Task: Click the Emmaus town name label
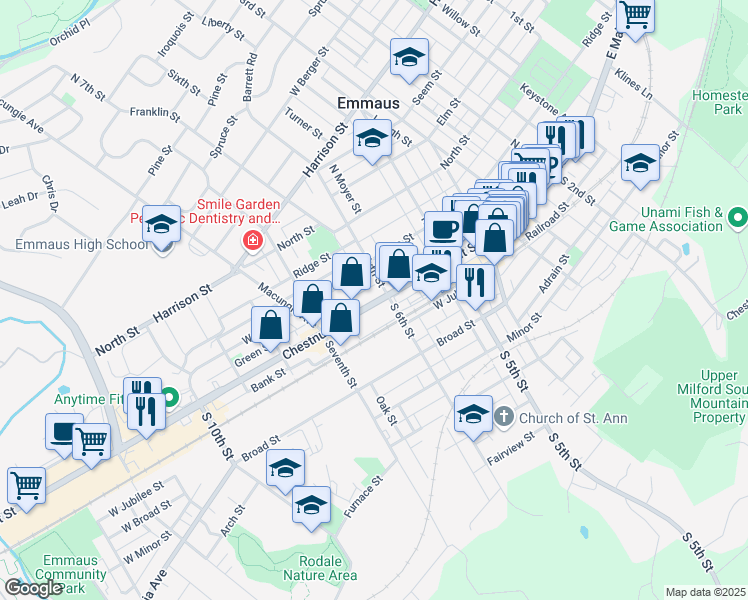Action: pos(369,103)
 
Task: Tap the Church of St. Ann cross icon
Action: pos(505,417)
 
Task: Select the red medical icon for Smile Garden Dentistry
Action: pos(251,241)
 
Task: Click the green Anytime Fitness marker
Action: pos(170,398)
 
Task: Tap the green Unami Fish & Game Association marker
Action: pos(738,217)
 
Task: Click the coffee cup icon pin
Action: pos(443,229)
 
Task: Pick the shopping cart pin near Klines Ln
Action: pos(635,16)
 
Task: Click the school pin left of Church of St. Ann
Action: pos(473,412)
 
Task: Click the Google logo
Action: pos(34,588)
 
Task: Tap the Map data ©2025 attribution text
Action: pos(705,592)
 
